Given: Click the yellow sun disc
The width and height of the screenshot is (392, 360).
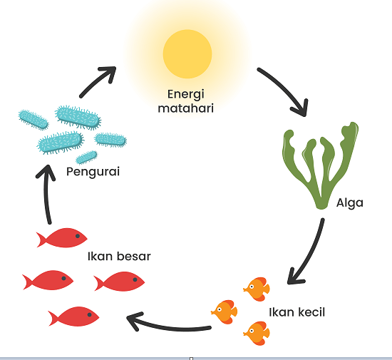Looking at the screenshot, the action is point(187,54).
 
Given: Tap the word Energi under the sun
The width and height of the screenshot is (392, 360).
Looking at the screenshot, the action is point(186,95).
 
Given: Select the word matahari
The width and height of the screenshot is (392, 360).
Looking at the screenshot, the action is point(186,108).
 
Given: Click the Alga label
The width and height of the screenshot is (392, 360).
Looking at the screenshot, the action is point(350,203).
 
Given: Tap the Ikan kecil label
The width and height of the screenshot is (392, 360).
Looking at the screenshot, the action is point(296,312).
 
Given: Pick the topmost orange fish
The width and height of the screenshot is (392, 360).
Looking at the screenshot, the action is point(257,289).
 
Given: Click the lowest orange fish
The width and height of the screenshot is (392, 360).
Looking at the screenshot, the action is point(257,333).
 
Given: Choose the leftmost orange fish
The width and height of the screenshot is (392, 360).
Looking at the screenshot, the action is point(225,312).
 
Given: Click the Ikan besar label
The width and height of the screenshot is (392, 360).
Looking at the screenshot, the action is point(119,257).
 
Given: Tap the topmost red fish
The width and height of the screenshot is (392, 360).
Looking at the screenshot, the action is point(62,238).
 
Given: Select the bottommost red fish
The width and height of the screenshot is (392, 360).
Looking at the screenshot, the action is point(73,317).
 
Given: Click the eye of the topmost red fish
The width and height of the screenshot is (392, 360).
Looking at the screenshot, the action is point(78,236).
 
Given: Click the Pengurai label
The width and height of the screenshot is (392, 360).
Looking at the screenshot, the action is point(93,172).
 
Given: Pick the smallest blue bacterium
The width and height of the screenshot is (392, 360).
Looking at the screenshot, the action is point(86,158).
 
